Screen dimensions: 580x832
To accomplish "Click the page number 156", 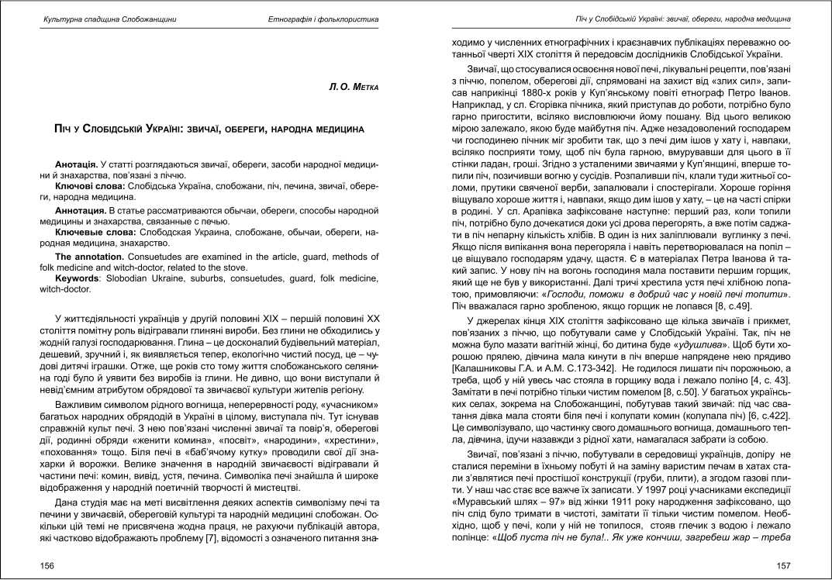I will pos(48,566).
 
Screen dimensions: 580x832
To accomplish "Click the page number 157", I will pos(783,566).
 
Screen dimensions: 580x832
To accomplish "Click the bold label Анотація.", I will pos(76,166).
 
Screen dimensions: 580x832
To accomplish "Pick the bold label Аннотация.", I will pos(81,210).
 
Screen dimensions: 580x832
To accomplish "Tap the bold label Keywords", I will pos(78,278).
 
